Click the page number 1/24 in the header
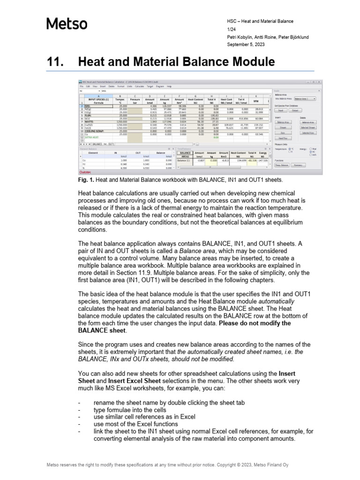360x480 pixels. pos(230,29)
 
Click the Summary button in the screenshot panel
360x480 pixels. pos(298,165)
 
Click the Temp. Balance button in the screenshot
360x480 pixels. pos(282,165)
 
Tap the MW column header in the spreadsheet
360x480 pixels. pos(256,100)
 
